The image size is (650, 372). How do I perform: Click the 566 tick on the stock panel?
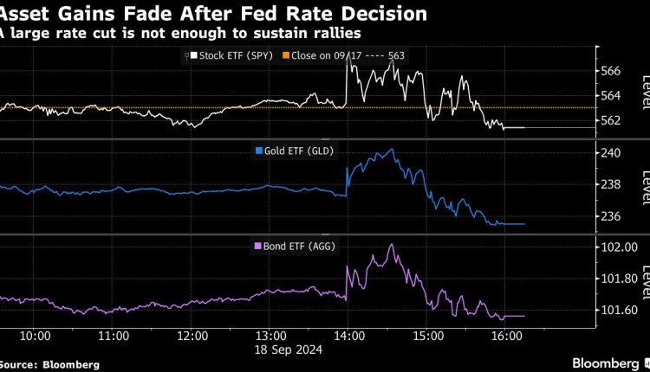610,71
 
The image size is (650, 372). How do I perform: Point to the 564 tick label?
610,95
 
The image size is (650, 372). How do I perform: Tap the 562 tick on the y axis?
610,119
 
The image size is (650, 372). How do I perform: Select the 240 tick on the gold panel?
610,153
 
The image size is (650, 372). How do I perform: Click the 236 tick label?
610,216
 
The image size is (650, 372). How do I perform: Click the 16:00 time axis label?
506,336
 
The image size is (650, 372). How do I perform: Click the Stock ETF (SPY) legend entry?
228,55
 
